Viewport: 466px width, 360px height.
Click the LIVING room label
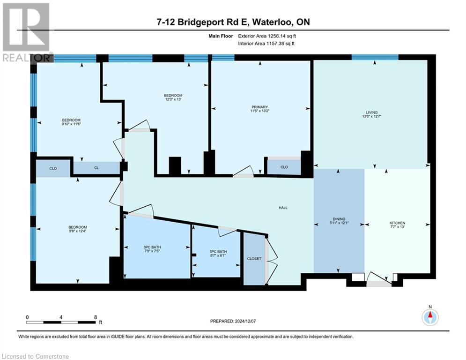370,112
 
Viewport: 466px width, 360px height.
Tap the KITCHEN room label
397,223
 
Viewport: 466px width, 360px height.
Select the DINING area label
339,219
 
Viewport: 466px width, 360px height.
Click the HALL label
282,208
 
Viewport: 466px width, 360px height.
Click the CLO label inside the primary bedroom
284,167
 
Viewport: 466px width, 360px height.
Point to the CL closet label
96,168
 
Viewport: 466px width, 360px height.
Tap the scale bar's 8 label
96,317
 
